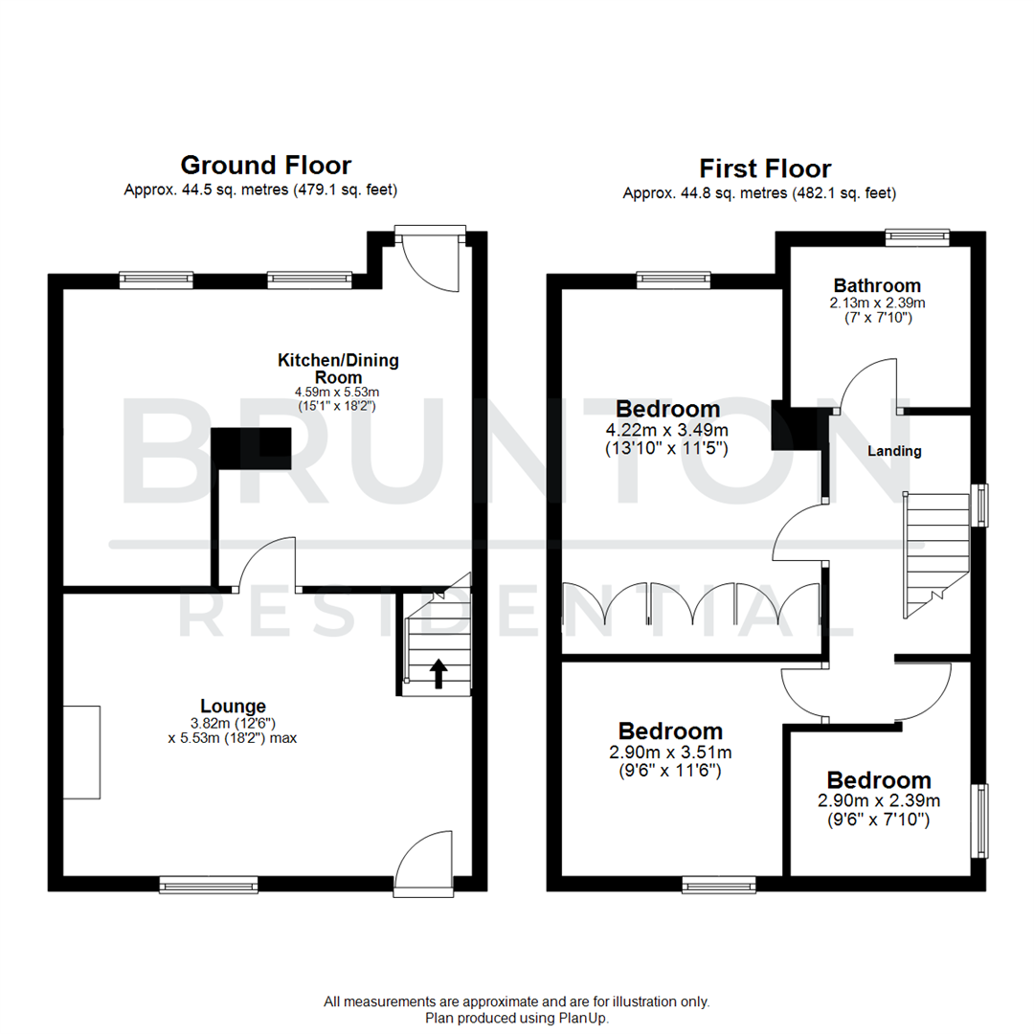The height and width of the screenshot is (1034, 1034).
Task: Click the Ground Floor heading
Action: coord(265,166)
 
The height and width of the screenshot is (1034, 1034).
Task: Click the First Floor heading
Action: coord(764,169)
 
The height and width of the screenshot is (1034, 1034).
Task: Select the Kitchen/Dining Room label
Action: coord(338,369)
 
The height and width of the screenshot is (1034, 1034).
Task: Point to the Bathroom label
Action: coord(877,284)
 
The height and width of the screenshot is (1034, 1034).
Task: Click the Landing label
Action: coord(894,451)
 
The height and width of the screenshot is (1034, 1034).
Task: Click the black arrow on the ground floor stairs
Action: coord(438,673)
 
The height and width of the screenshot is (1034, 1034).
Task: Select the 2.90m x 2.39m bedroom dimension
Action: coord(878,801)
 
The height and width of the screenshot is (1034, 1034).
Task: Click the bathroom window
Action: coord(916,236)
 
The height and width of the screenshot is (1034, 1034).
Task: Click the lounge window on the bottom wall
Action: coord(209,885)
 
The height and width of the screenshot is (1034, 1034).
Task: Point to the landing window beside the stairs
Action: coord(980,505)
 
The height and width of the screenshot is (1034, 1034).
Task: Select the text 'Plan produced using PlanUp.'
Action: coord(517,1019)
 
